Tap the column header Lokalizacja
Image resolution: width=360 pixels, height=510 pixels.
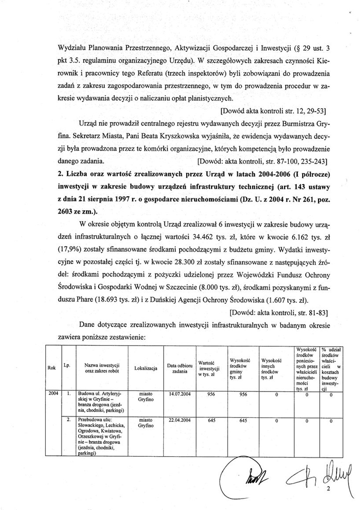[x=146, y=369]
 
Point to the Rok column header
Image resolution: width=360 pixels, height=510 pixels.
[x=51, y=368]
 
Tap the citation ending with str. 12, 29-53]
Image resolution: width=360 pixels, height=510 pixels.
[x=277, y=108]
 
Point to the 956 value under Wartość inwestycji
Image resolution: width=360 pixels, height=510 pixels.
[x=211, y=393]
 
